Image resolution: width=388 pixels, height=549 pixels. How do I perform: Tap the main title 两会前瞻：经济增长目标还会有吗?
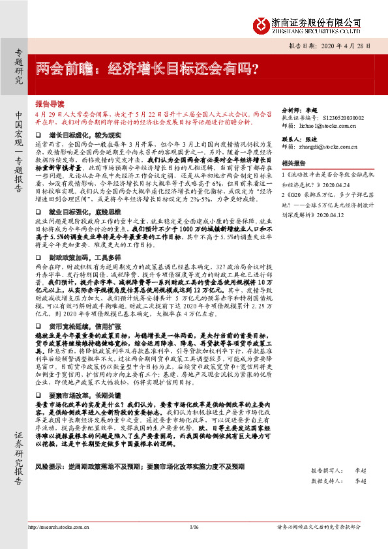[x=147, y=68]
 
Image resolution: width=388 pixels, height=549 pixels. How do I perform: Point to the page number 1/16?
[x=194, y=527]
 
